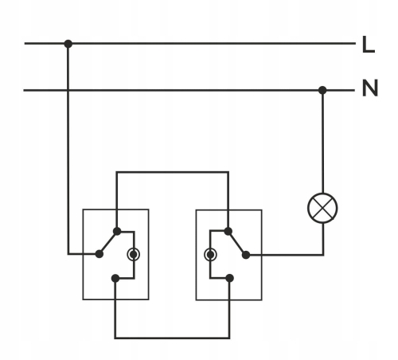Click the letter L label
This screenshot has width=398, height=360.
368,45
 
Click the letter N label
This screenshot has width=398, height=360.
369,88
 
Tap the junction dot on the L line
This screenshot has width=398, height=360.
68,43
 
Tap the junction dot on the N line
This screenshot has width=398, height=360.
322,89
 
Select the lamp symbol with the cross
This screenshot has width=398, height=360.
322,210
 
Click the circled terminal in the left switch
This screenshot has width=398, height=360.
134,255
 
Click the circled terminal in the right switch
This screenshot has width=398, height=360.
210,255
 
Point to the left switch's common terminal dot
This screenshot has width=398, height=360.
100,255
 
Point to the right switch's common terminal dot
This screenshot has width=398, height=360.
245,255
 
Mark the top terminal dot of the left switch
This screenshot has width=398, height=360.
117,232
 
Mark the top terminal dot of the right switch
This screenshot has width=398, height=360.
228,232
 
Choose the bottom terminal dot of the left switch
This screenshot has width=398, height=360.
116,278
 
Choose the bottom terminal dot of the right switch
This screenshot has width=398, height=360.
228,278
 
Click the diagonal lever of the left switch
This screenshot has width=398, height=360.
109,243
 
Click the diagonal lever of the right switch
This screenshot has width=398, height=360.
236,243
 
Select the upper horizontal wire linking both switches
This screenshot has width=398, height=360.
172,170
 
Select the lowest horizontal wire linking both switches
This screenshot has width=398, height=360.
172,338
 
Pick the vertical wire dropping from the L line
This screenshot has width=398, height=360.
68,151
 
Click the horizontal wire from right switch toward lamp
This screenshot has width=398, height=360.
287,255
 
